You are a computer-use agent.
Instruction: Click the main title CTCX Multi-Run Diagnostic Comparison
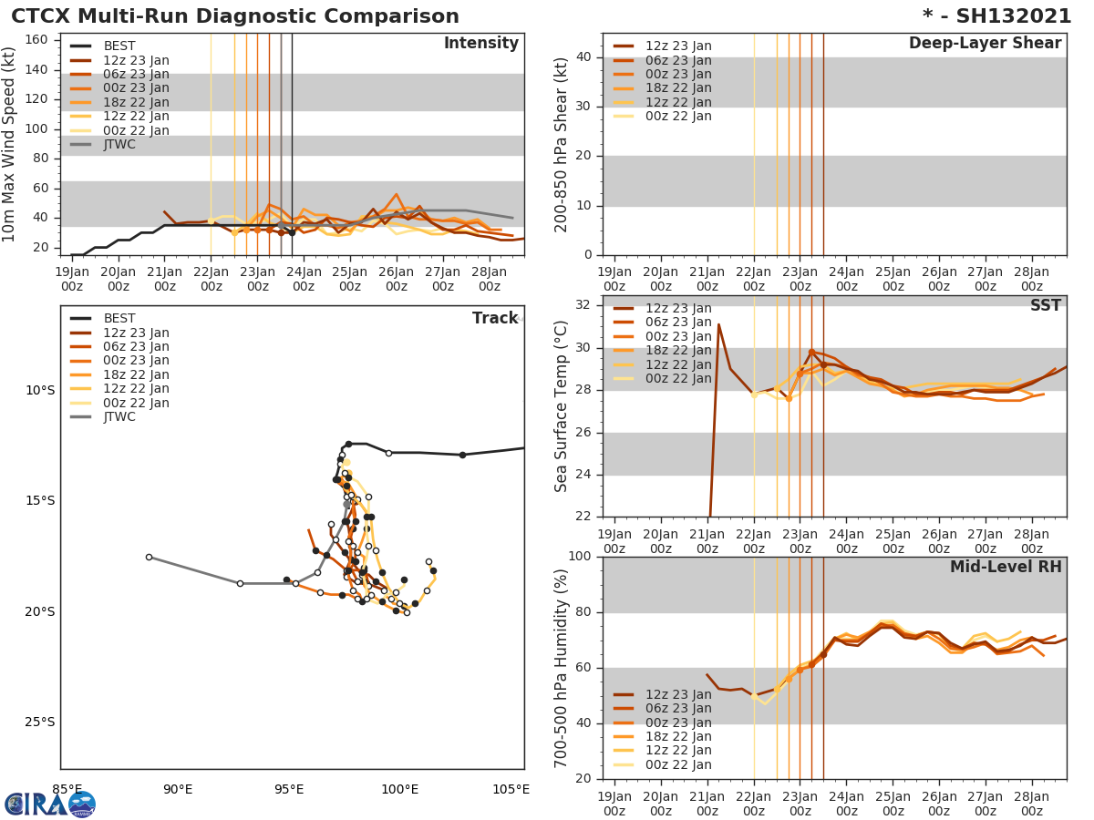click(235, 16)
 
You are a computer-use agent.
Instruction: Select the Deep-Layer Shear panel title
click(985, 44)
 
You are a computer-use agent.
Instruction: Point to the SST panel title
click(1045, 306)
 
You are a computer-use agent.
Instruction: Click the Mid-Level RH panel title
click(1005, 568)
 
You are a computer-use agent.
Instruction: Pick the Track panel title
click(495, 318)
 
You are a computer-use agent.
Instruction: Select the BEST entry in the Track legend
click(119, 318)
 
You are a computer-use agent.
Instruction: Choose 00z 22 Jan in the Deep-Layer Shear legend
click(678, 116)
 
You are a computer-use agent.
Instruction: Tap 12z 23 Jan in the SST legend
click(678, 308)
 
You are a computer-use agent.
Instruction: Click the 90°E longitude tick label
click(178, 789)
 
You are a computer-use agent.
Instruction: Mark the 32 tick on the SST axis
click(584, 305)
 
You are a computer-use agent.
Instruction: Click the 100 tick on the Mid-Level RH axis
click(580, 557)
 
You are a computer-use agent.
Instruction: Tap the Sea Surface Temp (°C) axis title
click(562, 405)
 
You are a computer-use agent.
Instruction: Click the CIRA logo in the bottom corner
click(49, 804)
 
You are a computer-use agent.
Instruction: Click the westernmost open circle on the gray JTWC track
click(149, 557)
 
